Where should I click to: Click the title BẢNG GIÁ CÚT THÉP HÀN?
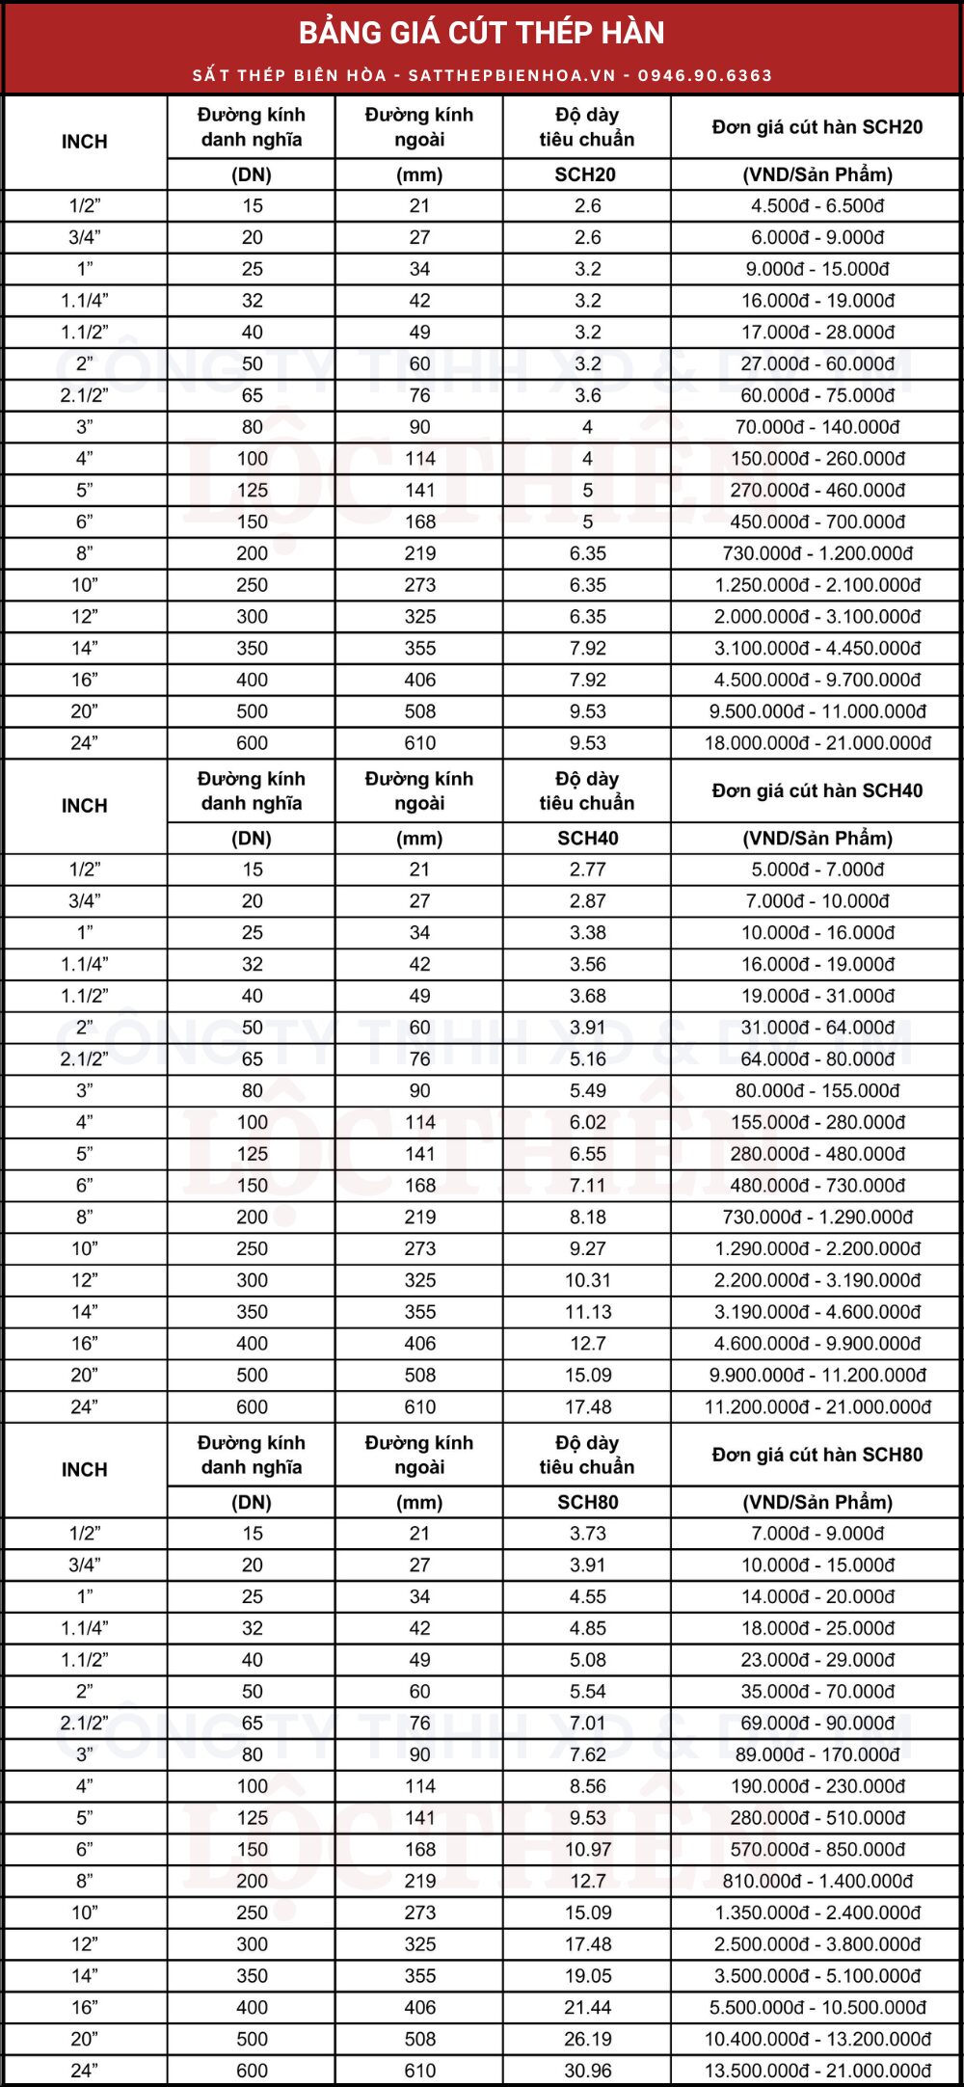481,33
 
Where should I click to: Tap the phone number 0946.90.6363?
705,75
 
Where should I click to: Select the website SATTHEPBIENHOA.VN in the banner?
511,75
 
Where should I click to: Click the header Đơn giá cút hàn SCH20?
817,127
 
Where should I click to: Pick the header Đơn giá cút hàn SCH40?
817,791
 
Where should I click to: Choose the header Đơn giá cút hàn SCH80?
817,1455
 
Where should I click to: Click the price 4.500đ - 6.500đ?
817,206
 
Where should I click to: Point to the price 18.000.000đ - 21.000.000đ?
817,743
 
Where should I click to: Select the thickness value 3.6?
587,395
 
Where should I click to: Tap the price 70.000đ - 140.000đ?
817,427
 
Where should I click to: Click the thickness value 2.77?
587,870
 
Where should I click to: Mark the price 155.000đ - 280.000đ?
817,1122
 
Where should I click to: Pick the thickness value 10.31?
587,1280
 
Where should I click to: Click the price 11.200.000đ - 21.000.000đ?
817,1407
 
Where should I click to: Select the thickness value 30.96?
587,2071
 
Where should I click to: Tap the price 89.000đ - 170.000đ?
817,1754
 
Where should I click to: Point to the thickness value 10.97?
587,1849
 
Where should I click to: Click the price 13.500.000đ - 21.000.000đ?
817,2071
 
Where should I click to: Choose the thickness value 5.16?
587,1059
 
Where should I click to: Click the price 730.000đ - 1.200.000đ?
817,553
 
